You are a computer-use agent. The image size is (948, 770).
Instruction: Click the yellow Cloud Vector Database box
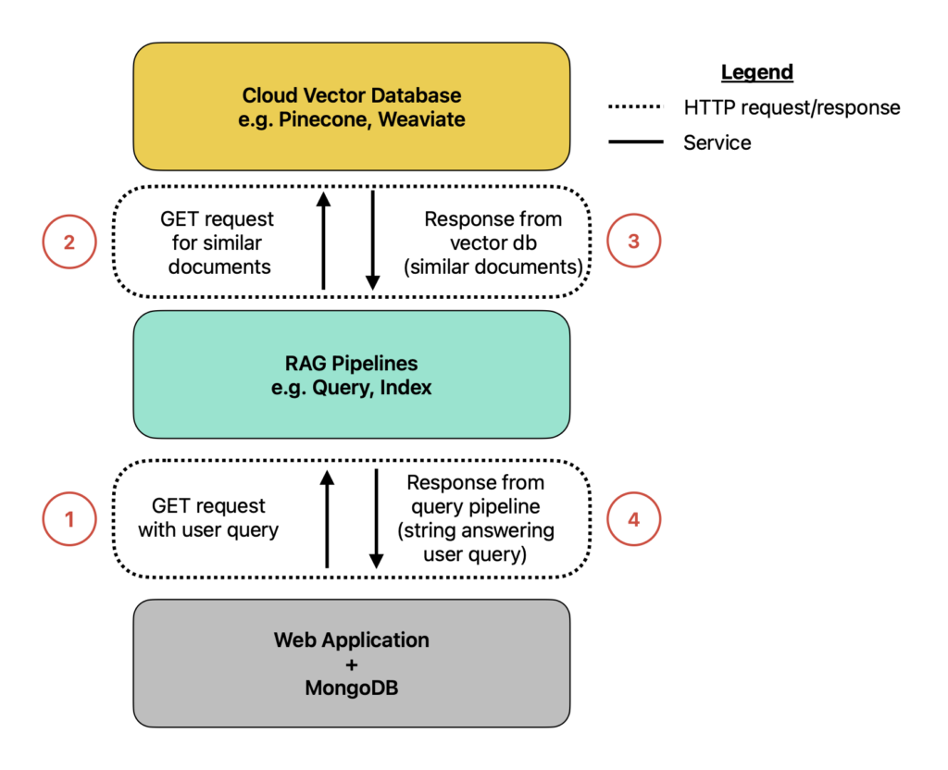click(x=351, y=106)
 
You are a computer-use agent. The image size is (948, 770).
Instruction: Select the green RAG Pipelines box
click(x=351, y=375)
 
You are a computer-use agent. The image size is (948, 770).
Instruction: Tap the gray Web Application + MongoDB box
click(x=351, y=663)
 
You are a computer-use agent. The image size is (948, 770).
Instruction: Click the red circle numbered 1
click(x=69, y=519)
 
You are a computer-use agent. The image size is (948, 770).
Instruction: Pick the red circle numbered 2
click(x=69, y=242)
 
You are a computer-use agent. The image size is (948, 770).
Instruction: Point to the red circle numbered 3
click(x=633, y=241)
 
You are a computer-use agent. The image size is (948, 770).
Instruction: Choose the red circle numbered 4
click(x=633, y=519)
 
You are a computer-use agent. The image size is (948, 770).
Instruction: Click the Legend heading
click(x=757, y=72)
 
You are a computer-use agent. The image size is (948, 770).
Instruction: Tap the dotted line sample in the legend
click(x=635, y=107)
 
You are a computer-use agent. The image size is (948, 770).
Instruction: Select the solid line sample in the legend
click(x=635, y=142)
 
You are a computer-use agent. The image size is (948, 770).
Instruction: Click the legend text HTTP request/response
click(x=792, y=107)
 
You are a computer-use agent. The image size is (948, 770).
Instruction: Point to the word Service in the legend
click(x=717, y=143)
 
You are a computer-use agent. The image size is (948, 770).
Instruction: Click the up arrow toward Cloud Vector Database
click(x=324, y=241)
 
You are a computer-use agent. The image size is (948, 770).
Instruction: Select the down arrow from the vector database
click(x=373, y=241)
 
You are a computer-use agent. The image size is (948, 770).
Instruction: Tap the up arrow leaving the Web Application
click(x=327, y=519)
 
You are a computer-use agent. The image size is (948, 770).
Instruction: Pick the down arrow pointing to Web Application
click(x=377, y=519)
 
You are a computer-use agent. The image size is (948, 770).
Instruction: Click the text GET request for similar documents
click(x=218, y=243)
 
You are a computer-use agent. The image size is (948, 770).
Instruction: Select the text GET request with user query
click(x=208, y=518)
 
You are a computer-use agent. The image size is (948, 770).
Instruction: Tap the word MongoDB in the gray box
click(x=351, y=688)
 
